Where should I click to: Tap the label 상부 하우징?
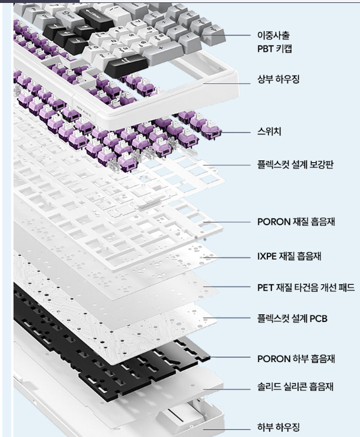278,78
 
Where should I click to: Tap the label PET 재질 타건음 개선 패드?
305,288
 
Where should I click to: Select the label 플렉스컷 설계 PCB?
292,319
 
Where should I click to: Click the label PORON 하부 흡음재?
296,358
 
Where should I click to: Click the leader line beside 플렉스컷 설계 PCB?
233,319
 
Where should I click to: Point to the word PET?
265,288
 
